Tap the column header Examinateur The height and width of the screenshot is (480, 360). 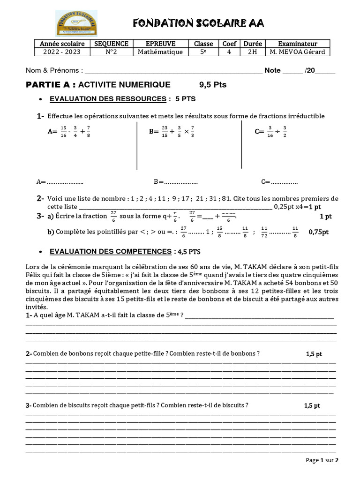point(298,44)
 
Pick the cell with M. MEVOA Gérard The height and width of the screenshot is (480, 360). point(298,52)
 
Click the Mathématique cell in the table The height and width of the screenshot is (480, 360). point(160,52)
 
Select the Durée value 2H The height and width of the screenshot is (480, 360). point(252,52)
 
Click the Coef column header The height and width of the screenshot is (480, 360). point(229,44)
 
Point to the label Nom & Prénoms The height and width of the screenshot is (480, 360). point(54,71)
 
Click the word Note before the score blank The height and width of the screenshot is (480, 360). point(272,71)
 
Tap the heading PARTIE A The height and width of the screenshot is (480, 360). point(51,85)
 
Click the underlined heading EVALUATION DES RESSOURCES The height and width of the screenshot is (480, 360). point(108,99)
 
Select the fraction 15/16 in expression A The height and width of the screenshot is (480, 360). point(64,132)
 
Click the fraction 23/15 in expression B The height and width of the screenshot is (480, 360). point(165,132)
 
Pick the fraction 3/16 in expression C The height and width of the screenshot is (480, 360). point(270,132)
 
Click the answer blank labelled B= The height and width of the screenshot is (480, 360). point(175,181)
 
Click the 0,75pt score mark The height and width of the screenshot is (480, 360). point(319,232)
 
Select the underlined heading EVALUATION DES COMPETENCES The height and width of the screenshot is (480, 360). point(110,252)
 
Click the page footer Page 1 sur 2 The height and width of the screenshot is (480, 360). point(322,460)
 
